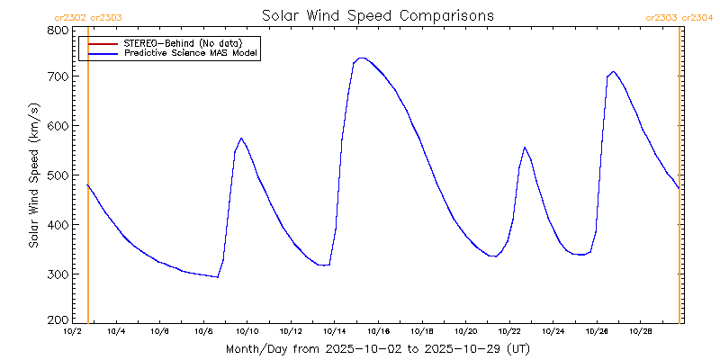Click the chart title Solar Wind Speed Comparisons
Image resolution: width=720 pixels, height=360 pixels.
tap(377, 15)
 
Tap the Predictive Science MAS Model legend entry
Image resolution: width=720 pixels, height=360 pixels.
tap(191, 54)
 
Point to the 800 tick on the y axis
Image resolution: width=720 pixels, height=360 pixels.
tap(58, 30)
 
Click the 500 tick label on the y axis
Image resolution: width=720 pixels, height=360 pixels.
tap(58, 175)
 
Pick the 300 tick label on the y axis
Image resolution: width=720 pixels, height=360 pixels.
tap(58, 274)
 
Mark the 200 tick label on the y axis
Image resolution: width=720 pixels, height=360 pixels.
tap(58, 319)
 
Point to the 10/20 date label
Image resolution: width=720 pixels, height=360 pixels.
tap(465, 331)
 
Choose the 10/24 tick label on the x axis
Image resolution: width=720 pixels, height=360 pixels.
tap(553, 331)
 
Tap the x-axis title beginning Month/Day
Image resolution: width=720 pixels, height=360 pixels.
tap(377, 348)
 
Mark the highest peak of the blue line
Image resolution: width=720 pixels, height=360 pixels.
tap(361, 58)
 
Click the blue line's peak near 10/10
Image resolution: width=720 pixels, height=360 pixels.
tap(241, 139)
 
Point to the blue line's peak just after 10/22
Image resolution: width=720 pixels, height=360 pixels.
tap(525, 148)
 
